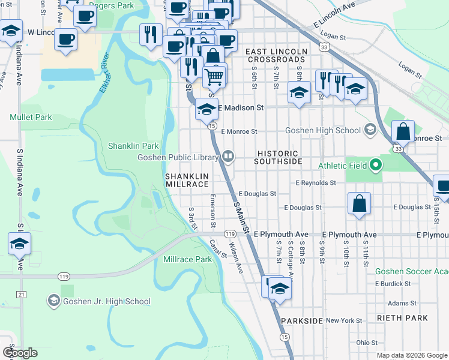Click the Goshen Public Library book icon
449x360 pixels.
[x=228, y=157]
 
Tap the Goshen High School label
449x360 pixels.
[x=323, y=130]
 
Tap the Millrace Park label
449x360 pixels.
[x=187, y=259]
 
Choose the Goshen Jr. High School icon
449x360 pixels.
[x=53, y=301]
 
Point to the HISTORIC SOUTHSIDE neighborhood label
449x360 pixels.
[x=277, y=157]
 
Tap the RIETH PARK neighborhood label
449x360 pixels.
[x=402, y=317]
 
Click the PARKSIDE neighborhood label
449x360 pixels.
[x=302, y=321]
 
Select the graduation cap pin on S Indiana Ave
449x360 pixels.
[x=19, y=244]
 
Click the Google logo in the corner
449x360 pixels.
[x=20, y=353]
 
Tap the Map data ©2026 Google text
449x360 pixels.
[x=411, y=355]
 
